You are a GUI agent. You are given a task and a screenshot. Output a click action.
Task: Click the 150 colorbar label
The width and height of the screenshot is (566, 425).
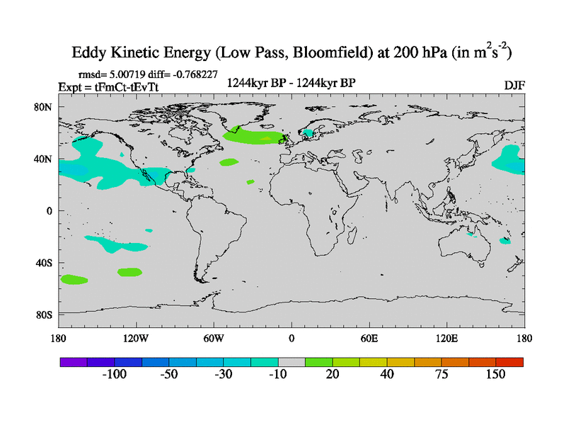tap(495, 375)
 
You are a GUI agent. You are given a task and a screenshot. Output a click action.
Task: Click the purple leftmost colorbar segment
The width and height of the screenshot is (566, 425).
tap(73, 362)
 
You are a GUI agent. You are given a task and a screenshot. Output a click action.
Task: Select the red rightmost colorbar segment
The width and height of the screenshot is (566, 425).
tap(509, 362)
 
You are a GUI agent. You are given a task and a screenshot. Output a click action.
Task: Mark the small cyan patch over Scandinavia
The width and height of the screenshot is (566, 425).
tap(308, 132)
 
